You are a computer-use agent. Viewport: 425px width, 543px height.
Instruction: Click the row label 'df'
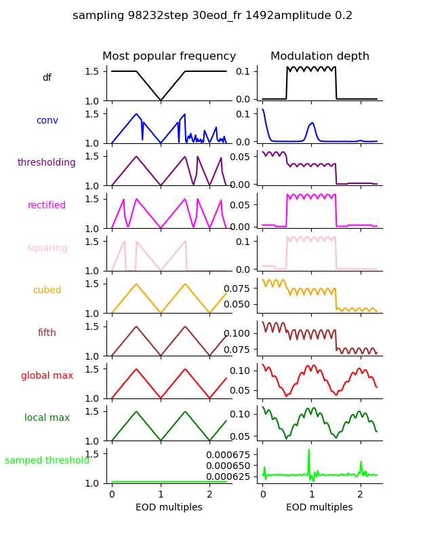pyautogui.click(x=47, y=78)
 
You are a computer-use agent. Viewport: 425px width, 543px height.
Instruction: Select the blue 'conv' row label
pyautogui.click(x=47, y=120)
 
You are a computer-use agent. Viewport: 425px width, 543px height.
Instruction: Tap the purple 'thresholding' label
pyautogui.click(x=47, y=163)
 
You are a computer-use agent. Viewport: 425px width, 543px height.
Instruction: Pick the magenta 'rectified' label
pyautogui.click(x=47, y=206)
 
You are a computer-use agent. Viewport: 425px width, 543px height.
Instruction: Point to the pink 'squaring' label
pyautogui.click(x=47, y=248)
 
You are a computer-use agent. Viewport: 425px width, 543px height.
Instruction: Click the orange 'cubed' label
pyautogui.click(x=47, y=291)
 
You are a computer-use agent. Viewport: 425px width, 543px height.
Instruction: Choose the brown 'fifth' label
pyautogui.click(x=47, y=333)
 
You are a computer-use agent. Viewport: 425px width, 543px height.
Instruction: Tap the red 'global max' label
pyautogui.click(x=47, y=375)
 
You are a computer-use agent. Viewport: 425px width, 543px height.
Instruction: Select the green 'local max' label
pyautogui.click(x=47, y=418)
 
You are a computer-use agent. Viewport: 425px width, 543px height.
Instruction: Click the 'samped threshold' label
pyautogui.click(x=47, y=461)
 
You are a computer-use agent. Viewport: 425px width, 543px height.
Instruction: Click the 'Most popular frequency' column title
pyautogui.click(x=169, y=56)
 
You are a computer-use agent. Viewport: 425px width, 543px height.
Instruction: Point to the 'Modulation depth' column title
pyautogui.click(x=320, y=56)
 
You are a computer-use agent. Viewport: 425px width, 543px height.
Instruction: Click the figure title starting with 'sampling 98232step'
pyautogui.click(x=212, y=16)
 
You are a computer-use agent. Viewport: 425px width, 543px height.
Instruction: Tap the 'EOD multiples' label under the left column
pyautogui.click(x=169, y=507)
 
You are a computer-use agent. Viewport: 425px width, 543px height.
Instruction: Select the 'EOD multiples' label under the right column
pyautogui.click(x=320, y=507)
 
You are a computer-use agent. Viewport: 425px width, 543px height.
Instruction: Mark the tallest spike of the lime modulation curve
pyautogui.click(x=309, y=450)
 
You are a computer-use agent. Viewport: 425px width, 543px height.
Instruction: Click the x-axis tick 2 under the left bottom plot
pyautogui.click(x=210, y=493)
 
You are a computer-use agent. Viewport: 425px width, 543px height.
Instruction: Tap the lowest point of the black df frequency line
pyautogui.click(x=161, y=100)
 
